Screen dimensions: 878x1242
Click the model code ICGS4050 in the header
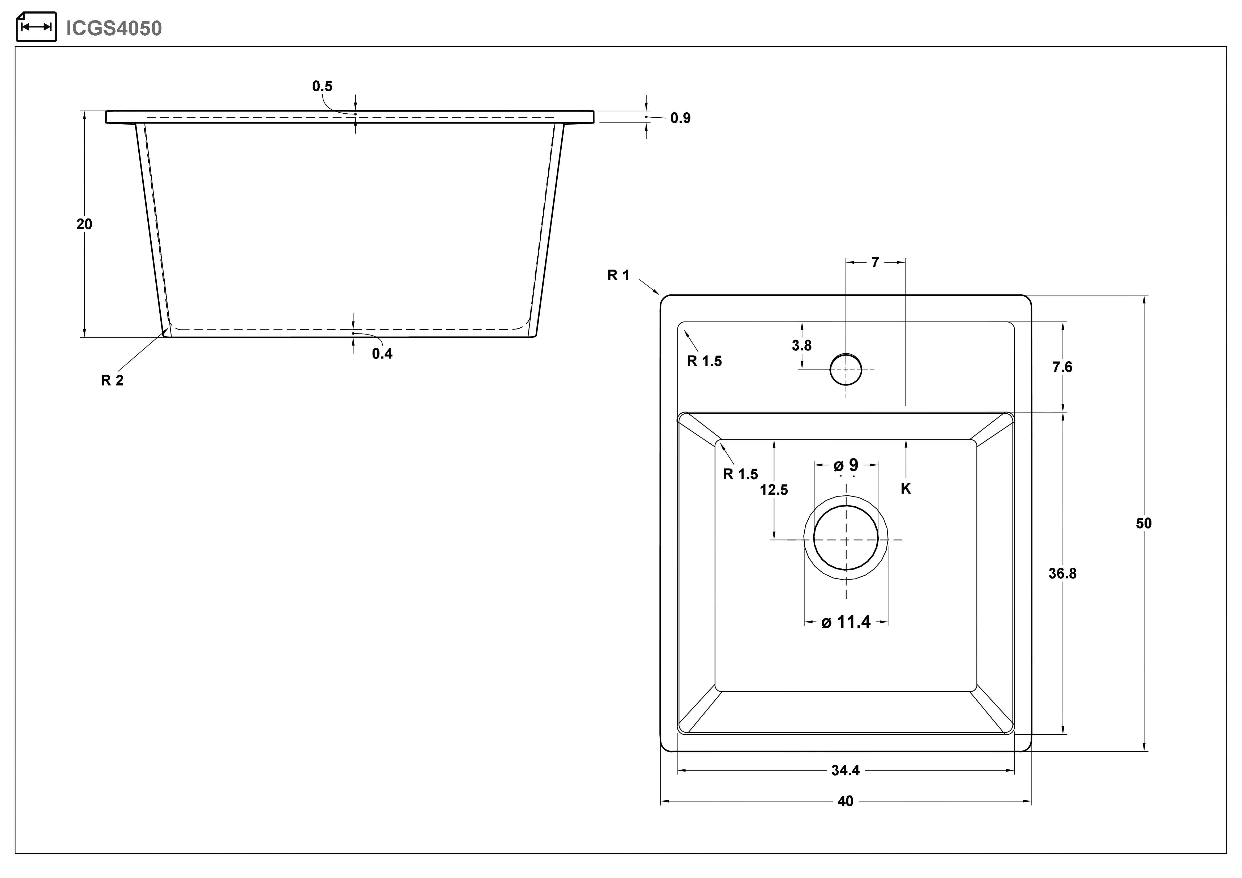(x=114, y=28)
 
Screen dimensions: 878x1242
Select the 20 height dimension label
(x=84, y=224)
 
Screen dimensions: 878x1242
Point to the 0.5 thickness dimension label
(x=322, y=86)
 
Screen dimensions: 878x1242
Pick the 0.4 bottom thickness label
(x=382, y=354)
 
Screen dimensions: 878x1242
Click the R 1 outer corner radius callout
(x=618, y=275)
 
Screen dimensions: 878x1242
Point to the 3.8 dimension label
(x=802, y=345)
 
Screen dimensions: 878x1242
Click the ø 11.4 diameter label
(x=846, y=622)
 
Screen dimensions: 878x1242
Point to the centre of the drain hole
(x=846, y=539)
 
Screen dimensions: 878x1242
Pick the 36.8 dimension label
(x=1062, y=573)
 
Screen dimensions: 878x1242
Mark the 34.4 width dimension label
(x=846, y=770)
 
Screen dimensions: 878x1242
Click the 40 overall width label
(x=846, y=801)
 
